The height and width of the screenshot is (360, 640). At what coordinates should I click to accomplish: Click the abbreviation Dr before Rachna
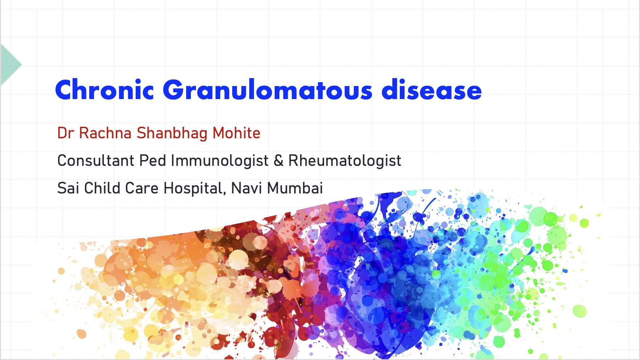66,133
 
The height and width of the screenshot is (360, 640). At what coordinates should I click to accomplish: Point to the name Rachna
105,133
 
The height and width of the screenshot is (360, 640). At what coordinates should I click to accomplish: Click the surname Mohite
237,133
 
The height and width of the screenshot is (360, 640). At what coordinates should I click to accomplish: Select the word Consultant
96,161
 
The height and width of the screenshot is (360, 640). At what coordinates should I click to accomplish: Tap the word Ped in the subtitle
153,160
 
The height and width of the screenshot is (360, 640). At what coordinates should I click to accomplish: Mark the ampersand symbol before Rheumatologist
279,161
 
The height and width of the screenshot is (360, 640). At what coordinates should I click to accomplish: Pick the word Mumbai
295,188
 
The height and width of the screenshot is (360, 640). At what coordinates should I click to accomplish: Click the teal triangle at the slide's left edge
10,65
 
